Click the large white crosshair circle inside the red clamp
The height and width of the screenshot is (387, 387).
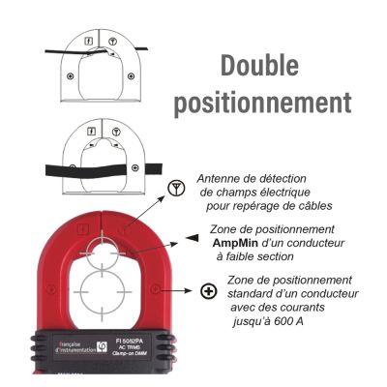104,295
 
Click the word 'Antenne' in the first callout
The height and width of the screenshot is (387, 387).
220,178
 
